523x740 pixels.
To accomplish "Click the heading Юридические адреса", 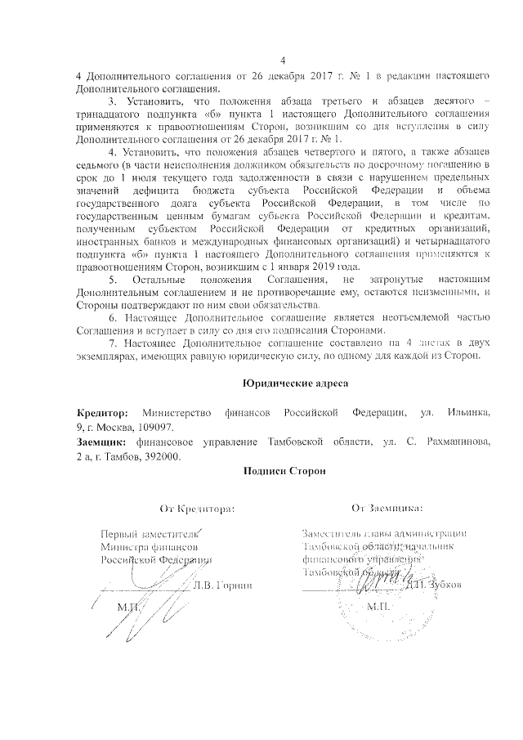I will coord(284,383).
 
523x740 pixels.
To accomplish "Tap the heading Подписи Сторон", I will coord(284,470).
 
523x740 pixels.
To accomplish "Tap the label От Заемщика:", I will coord(387,509).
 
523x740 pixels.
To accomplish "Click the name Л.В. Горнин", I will coord(223,585).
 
